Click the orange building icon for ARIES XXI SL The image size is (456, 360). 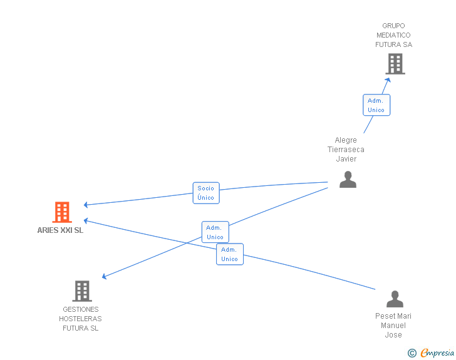click(x=62, y=212)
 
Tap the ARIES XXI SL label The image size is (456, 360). click(x=60, y=230)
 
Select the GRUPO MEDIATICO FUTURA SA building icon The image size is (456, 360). click(x=395, y=64)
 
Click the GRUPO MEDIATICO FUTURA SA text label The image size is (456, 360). click(x=394, y=35)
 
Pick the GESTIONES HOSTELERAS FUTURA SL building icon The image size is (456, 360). click(x=82, y=291)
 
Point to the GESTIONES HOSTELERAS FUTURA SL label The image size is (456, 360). click(x=81, y=319)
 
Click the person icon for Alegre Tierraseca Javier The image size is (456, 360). click(x=348, y=180)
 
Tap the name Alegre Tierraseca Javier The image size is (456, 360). click(x=346, y=150)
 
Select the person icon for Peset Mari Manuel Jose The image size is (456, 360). click(x=395, y=299)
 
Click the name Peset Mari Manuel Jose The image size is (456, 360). click(x=393, y=326)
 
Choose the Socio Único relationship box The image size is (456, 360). click(x=206, y=193)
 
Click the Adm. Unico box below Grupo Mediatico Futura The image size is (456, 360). click(x=376, y=105)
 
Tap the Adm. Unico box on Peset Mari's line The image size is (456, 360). click(x=230, y=254)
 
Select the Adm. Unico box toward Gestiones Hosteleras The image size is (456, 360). click(x=215, y=232)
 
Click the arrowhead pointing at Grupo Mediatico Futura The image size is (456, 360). click(x=388, y=80)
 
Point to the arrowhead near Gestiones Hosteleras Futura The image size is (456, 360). click(x=104, y=276)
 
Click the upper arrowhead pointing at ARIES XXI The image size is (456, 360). click(x=86, y=205)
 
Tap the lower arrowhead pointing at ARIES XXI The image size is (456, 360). click(x=86, y=221)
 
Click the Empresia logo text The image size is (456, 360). click(x=437, y=353)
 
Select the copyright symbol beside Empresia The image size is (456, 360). click(x=412, y=353)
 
